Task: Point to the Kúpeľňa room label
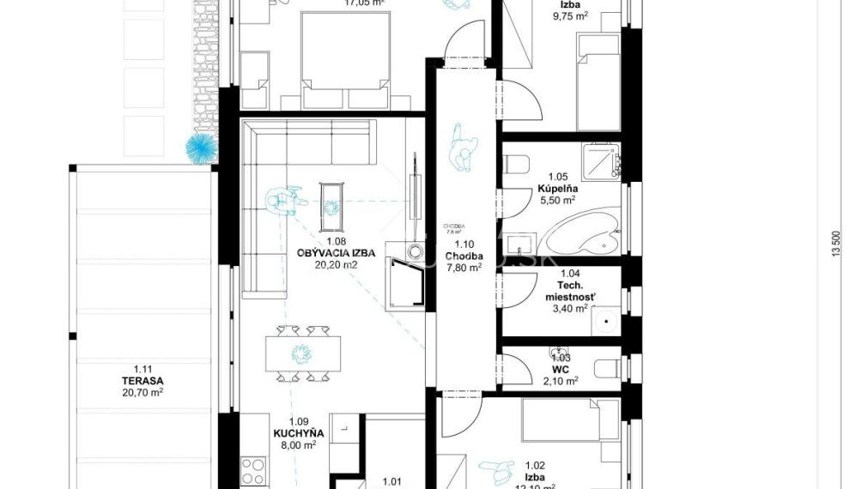[557, 186]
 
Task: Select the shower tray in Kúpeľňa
[601, 161]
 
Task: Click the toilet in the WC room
[609, 367]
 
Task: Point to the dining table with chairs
[302, 353]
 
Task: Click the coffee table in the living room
[331, 204]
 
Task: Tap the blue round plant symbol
[203, 148]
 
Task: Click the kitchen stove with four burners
[252, 471]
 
